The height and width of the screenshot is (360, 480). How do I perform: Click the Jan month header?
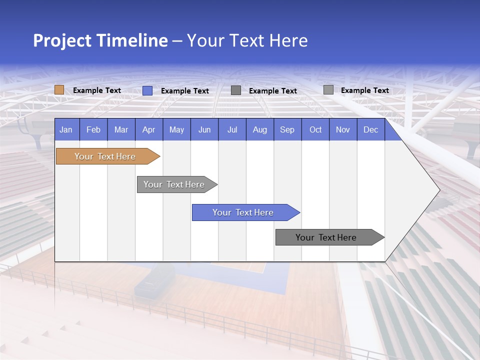[x=66, y=129]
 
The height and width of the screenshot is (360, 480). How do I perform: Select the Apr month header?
[x=148, y=129]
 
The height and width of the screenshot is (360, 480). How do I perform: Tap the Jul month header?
[x=232, y=129]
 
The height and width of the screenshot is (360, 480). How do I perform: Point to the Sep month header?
[x=287, y=129]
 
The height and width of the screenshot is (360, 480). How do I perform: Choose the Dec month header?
[x=370, y=129]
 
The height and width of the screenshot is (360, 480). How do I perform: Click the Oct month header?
[x=315, y=129]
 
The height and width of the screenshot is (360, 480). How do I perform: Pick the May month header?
[x=176, y=129]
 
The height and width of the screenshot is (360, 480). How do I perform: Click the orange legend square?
[x=59, y=90]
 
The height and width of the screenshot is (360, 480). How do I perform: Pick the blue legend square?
[x=147, y=90]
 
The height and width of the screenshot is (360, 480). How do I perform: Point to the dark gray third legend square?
[x=236, y=90]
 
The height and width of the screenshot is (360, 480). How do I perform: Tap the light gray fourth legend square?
[x=328, y=90]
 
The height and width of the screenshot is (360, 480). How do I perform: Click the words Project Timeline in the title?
[x=100, y=40]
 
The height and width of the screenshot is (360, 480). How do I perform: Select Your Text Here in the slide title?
[x=247, y=40]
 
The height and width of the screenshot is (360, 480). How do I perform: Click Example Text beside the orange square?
[x=97, y=90]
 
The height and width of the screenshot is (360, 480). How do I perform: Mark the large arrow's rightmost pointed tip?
[x=439, y=190]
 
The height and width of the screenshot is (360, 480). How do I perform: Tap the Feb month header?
[x=93, y=129]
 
